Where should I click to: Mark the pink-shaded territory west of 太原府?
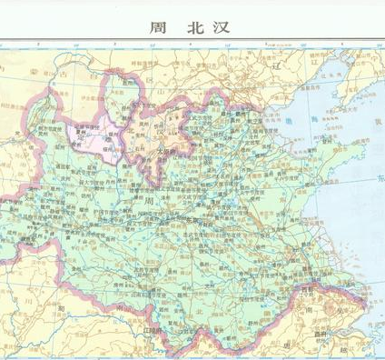(91, 136)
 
